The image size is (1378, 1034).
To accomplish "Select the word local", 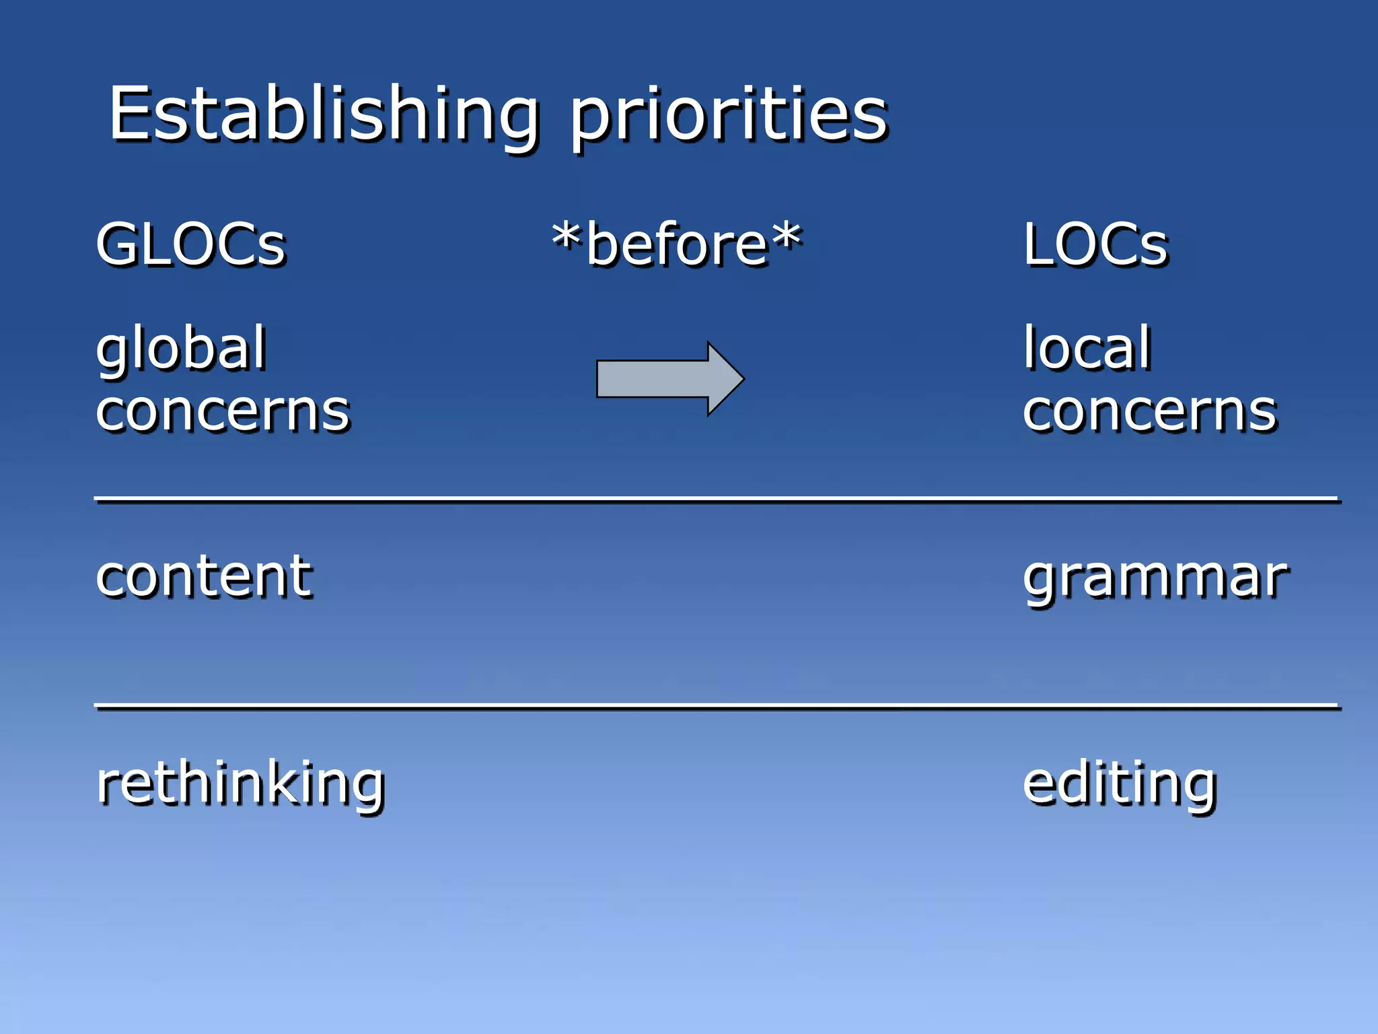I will tap(1087, 348).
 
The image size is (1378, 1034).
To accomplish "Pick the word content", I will tap(204, 577).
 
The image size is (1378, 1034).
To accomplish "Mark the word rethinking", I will tap(240, 785).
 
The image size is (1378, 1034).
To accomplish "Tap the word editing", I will tap(1120, 785).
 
